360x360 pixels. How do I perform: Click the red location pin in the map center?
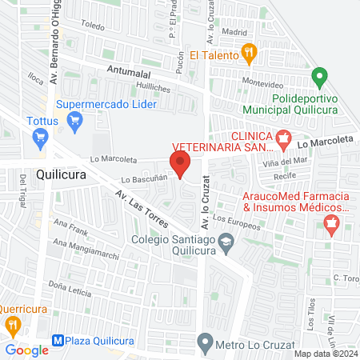tap(180, 164)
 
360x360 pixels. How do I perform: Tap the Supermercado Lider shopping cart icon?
tap(76, 122)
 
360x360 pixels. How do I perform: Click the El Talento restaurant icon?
tap(250, 54)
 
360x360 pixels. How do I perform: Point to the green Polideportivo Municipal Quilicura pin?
tap(319, 78)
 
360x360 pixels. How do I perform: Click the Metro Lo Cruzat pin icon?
tap(206, 346)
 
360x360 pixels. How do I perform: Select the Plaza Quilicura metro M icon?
tap(57, 339)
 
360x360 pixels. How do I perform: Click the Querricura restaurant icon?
tap(12, 325)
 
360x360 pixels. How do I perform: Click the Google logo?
tap(26, 350)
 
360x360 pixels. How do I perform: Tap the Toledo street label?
tap(93, 26)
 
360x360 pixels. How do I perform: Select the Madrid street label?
tap(234, 33)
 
